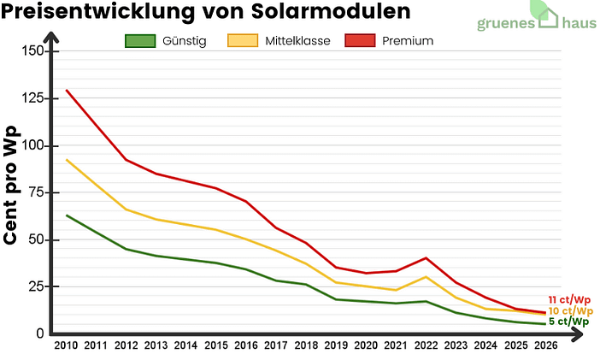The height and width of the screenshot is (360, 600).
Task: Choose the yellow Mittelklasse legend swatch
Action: click(x=243, y=41)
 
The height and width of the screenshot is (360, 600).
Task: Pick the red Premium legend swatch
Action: click(x=359, y=41)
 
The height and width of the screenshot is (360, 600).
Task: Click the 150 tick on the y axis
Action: click(x=32, y=51)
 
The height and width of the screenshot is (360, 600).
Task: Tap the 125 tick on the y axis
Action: click(x=32, y=99)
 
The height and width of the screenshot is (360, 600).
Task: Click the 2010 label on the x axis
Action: click(x=66, y=345)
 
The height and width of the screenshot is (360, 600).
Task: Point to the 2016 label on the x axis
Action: click(x=245, y=345)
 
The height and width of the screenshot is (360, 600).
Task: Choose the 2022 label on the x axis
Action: click(x=425, y=345)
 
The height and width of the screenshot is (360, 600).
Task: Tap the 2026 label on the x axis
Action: click(x=544, y=345)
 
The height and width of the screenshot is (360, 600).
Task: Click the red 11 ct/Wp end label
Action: click(x=570, y=299)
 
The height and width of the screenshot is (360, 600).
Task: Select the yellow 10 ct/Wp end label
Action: click(x=570, y=310)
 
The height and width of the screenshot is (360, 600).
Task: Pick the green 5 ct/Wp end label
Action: click(x=568, y=322)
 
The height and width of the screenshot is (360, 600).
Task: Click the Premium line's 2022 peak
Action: click(x=426, y=258)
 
